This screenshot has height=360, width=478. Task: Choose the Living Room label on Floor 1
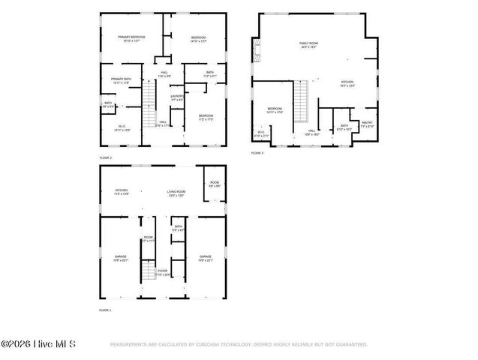(176, 193)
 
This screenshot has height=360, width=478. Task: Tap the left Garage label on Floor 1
(120, 258)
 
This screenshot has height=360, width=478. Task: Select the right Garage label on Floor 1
(205, 258)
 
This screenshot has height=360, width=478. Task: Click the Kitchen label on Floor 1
(121, 191)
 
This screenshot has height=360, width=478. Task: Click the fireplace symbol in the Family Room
(257, 52)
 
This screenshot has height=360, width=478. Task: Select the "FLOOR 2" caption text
(105, 158)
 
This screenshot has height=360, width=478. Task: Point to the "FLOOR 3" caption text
(257, 153)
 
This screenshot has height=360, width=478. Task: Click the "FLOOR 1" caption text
(105, 310)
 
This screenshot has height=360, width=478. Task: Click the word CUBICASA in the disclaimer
(209, 345)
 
